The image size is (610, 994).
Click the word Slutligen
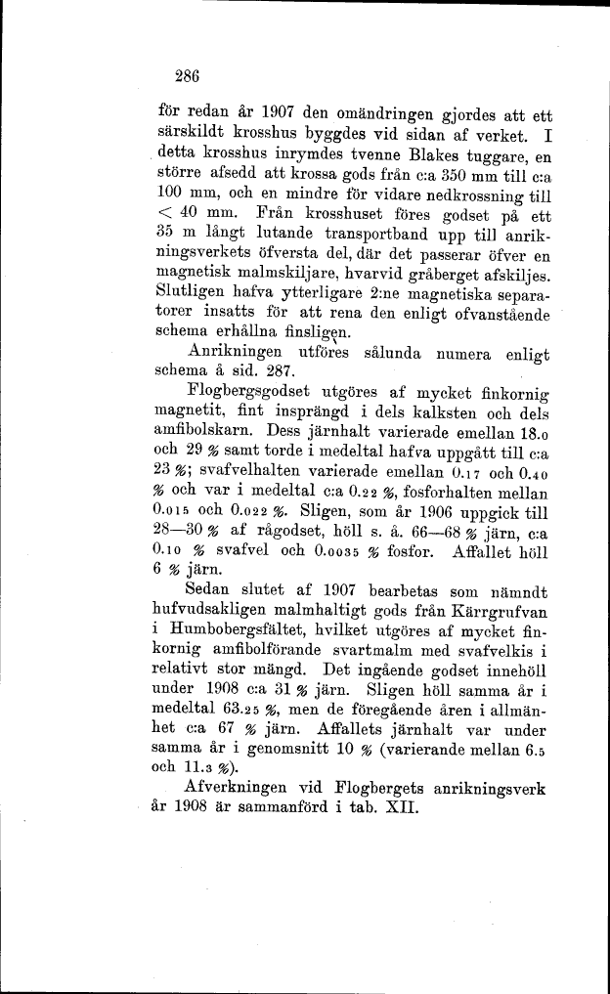192,293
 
